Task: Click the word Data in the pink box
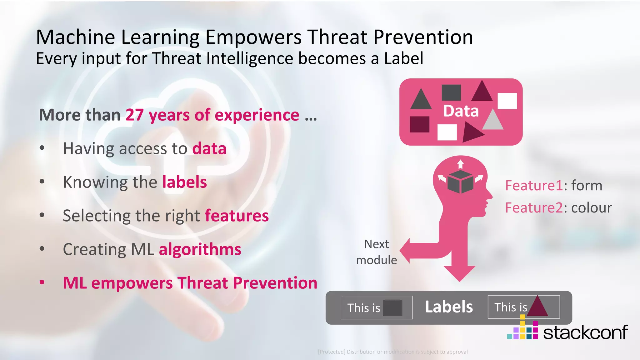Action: [x=461, y=111]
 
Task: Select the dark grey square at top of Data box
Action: [x=451, y=92]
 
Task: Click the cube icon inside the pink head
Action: [x=460, y=182]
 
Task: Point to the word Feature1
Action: [x=534, y=186]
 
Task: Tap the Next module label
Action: [x=377, y=252]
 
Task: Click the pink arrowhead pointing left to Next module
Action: [x=406, y=251]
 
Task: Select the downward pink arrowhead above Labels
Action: [x=459, y=273]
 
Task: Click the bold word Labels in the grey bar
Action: [x=449, y=307]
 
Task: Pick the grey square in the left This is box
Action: [x=392, y=308]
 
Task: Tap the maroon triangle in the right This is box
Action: [x=537, y=307]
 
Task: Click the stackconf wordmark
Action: [x=585, y=332]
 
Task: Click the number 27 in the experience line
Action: [x=134, y=115]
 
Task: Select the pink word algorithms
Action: [x=200, y=249]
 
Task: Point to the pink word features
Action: [x=237, y=216]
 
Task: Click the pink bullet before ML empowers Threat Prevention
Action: [x=42, y=282]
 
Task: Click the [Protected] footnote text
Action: [x=392, y=352]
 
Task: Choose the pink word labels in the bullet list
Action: [x=184, y=182]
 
